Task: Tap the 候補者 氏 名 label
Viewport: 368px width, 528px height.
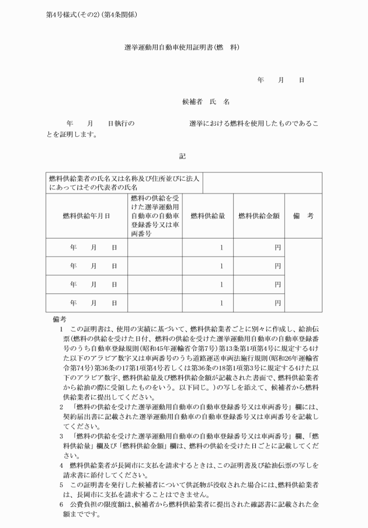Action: pos(206,101)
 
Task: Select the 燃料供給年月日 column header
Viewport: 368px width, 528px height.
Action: pos(86,216)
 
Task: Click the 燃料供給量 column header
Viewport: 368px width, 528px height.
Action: pos(208,216)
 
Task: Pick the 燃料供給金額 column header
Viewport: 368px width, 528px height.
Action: pos(259,216)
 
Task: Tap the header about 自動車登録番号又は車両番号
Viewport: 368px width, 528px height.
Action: pos(155,216)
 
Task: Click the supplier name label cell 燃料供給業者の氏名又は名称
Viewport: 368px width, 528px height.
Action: pos(124,182)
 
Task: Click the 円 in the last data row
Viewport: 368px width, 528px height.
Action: pos(277,303)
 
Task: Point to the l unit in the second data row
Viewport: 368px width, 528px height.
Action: pos(221,266)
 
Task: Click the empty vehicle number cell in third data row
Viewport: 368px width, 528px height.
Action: pos(155,285)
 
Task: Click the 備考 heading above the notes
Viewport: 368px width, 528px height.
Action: pos(60,319)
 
